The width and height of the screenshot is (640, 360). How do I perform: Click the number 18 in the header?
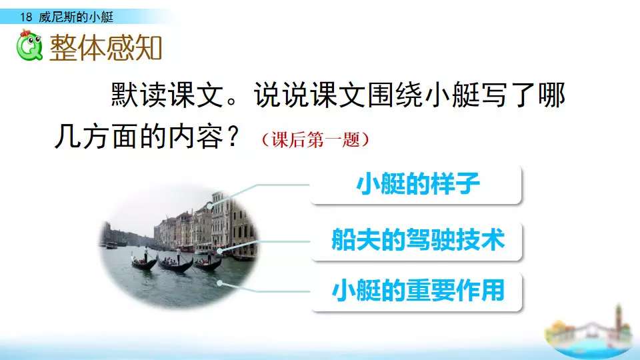pos(26,17)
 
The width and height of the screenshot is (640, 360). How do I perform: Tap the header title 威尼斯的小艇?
pos(76,17)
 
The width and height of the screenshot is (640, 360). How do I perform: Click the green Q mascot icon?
pos(29,45)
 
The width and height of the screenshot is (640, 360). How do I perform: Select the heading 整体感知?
pos(105,48)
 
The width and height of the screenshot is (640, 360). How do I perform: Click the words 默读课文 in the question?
pos(167,95)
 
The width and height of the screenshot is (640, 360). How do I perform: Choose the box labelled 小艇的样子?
pos(416,185)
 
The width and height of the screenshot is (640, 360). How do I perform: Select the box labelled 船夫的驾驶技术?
pos(416,241)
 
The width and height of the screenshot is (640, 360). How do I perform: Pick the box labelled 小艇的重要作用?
pos(416,291)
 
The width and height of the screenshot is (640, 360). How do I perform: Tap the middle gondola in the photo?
pos(175,265)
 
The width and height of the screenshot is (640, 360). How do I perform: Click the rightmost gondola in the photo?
pos(208,263)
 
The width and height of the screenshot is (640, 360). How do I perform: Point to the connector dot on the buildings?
pos(210,206)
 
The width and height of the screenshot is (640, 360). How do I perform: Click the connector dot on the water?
pos(219,283)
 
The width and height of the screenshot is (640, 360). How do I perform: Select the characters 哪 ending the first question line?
pos(551,95)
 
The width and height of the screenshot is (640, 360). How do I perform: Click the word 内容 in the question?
pos(196,137)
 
